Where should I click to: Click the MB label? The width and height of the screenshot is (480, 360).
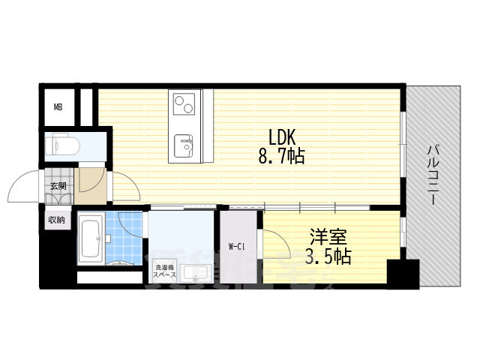[x=58, y=107]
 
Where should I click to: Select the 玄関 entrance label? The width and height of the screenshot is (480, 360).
[x=58, y=185]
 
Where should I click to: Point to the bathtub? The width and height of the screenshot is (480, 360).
[x=91, y=239]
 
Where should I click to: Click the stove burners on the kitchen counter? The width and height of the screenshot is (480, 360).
[x=184, y=102]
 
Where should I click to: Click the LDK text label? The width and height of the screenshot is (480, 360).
[x=284, y=137]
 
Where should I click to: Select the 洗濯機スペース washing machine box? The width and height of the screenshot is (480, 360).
[x=164, y=271]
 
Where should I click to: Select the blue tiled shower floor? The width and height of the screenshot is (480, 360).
[x=124, y=238]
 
